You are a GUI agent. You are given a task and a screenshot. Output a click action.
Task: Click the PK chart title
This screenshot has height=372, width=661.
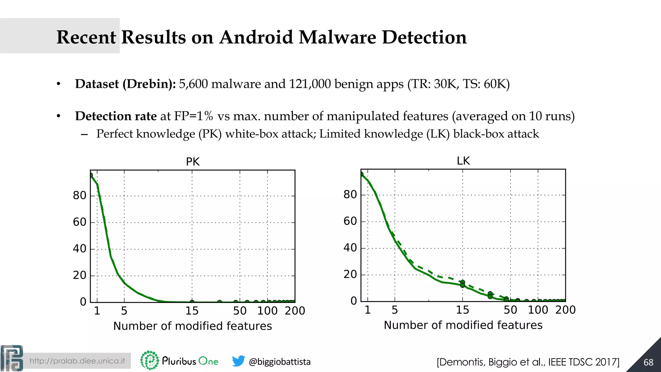click(193, 161)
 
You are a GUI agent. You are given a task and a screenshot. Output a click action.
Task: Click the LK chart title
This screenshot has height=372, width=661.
click(463, 160)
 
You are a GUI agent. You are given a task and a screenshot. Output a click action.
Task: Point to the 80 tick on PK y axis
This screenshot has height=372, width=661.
click(79, 195)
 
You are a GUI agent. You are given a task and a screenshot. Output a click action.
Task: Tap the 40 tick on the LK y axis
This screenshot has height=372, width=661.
click(350, 248)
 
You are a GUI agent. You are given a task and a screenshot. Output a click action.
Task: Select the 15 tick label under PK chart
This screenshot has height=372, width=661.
click(192, 311)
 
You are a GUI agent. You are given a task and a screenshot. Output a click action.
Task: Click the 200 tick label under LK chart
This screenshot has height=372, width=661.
click(565, 310)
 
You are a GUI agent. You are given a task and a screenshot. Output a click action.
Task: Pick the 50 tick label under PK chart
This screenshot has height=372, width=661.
click(240, 311)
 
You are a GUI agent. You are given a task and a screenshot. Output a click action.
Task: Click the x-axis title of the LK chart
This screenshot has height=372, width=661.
click(463, 325)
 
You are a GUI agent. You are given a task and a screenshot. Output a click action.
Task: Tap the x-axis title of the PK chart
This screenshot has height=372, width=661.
click(192, 326)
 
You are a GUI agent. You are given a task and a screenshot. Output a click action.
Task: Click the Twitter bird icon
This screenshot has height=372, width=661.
click(239, 361)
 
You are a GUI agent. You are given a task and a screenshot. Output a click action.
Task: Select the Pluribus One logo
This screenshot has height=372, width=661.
click(179, 360)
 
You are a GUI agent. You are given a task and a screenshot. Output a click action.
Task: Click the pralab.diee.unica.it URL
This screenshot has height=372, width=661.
click(77, 361)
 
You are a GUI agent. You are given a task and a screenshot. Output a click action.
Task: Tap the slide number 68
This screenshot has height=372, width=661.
click(648, 362)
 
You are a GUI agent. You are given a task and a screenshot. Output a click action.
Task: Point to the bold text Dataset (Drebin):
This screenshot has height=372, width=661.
click(125, 84)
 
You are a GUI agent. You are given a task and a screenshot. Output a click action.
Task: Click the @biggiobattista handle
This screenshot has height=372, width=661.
click(280, 362)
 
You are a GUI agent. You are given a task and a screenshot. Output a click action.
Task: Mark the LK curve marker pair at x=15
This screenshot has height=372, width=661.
click(463, 284)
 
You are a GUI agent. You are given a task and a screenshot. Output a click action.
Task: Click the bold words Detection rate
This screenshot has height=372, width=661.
click(116, 116)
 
